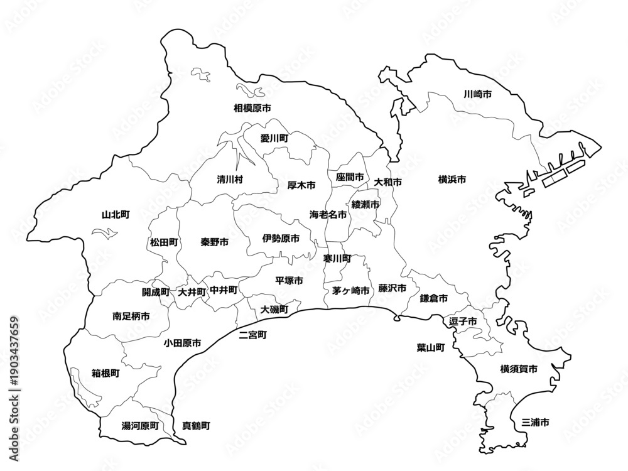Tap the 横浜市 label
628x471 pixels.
pos(452,180)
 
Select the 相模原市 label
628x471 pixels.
pos(252,108)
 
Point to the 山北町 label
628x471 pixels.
pos(116,215)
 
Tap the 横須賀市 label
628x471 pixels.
pos(519,369)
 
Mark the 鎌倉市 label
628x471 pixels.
pos(433,298)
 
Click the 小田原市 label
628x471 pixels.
pos(183,343)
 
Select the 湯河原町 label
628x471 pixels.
pos(140,426)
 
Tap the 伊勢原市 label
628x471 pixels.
pos(281,239)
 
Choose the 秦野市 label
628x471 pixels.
pos(215,242)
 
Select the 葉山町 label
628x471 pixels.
pos(430,347)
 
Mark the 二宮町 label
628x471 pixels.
pos(253,335)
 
